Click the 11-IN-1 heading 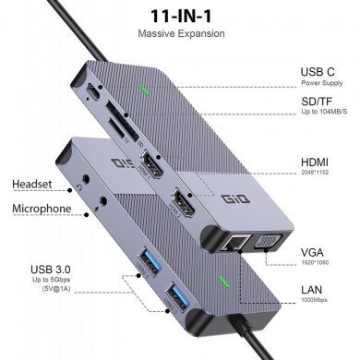click(180, 18)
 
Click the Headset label click(33, 184)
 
